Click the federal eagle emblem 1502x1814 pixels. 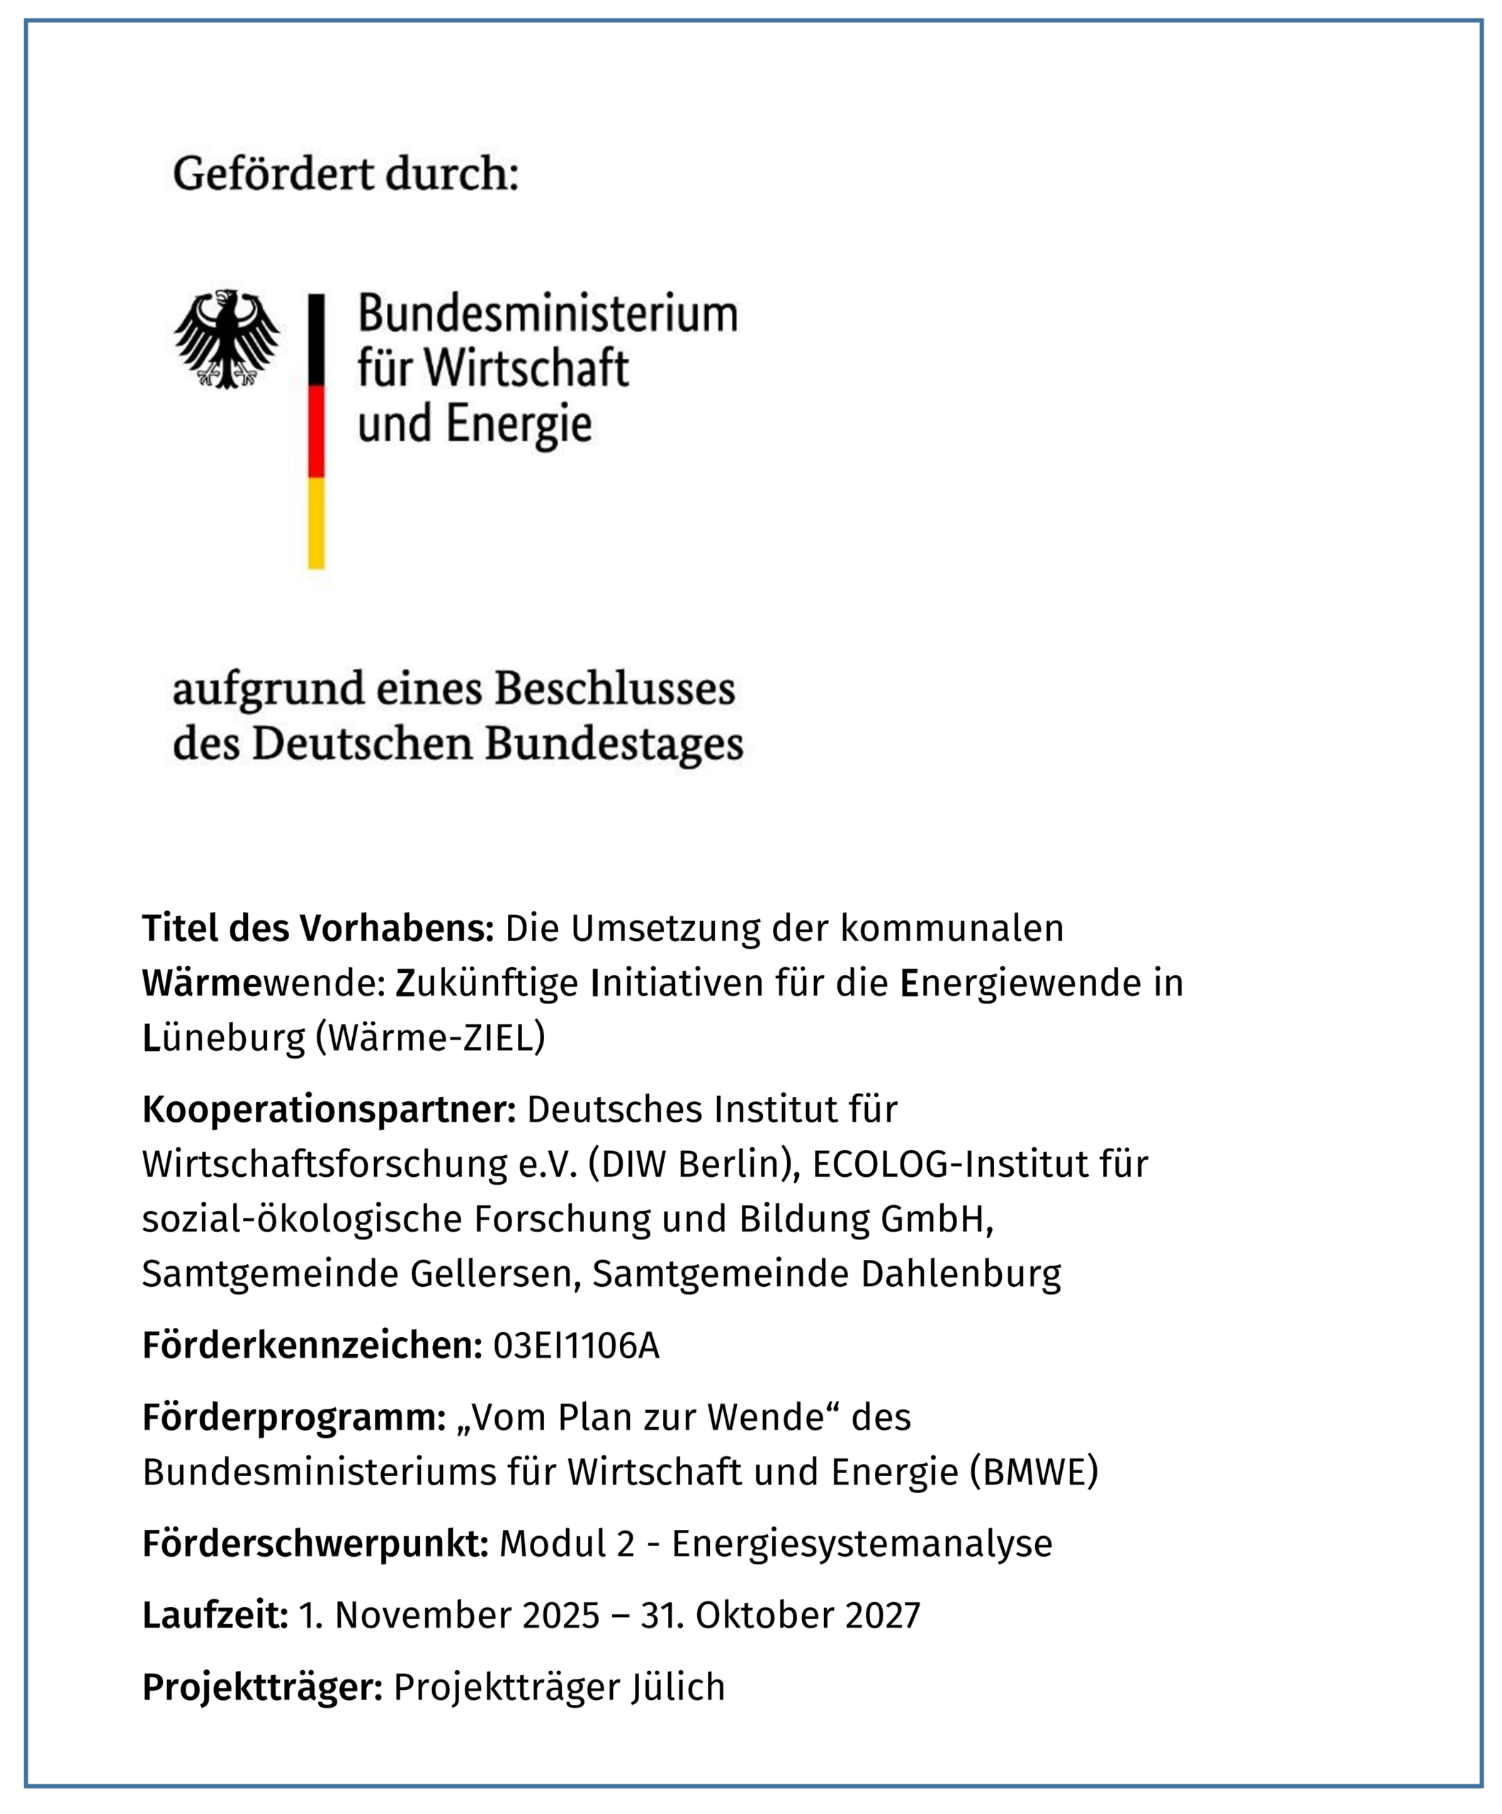(x=226, y=339)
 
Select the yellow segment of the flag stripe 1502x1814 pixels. (x=316, y=523)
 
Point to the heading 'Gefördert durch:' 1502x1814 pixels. (x=346, y=174)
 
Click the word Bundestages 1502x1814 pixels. (x=614, y=744)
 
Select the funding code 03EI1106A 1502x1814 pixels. (x=576, y=1345)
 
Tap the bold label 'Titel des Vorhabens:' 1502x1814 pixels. (x=318, y=928)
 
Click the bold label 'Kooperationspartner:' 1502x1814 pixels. (x=329, y=1109)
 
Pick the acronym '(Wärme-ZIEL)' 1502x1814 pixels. (x=430, y=1037)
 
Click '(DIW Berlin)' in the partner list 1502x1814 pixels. (x=694, y=1164)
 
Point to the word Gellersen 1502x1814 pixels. (x=490, y=1273)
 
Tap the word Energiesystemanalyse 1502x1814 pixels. (x=862, y=1543)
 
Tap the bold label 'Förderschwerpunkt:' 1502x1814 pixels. (x=316, y=1543)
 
